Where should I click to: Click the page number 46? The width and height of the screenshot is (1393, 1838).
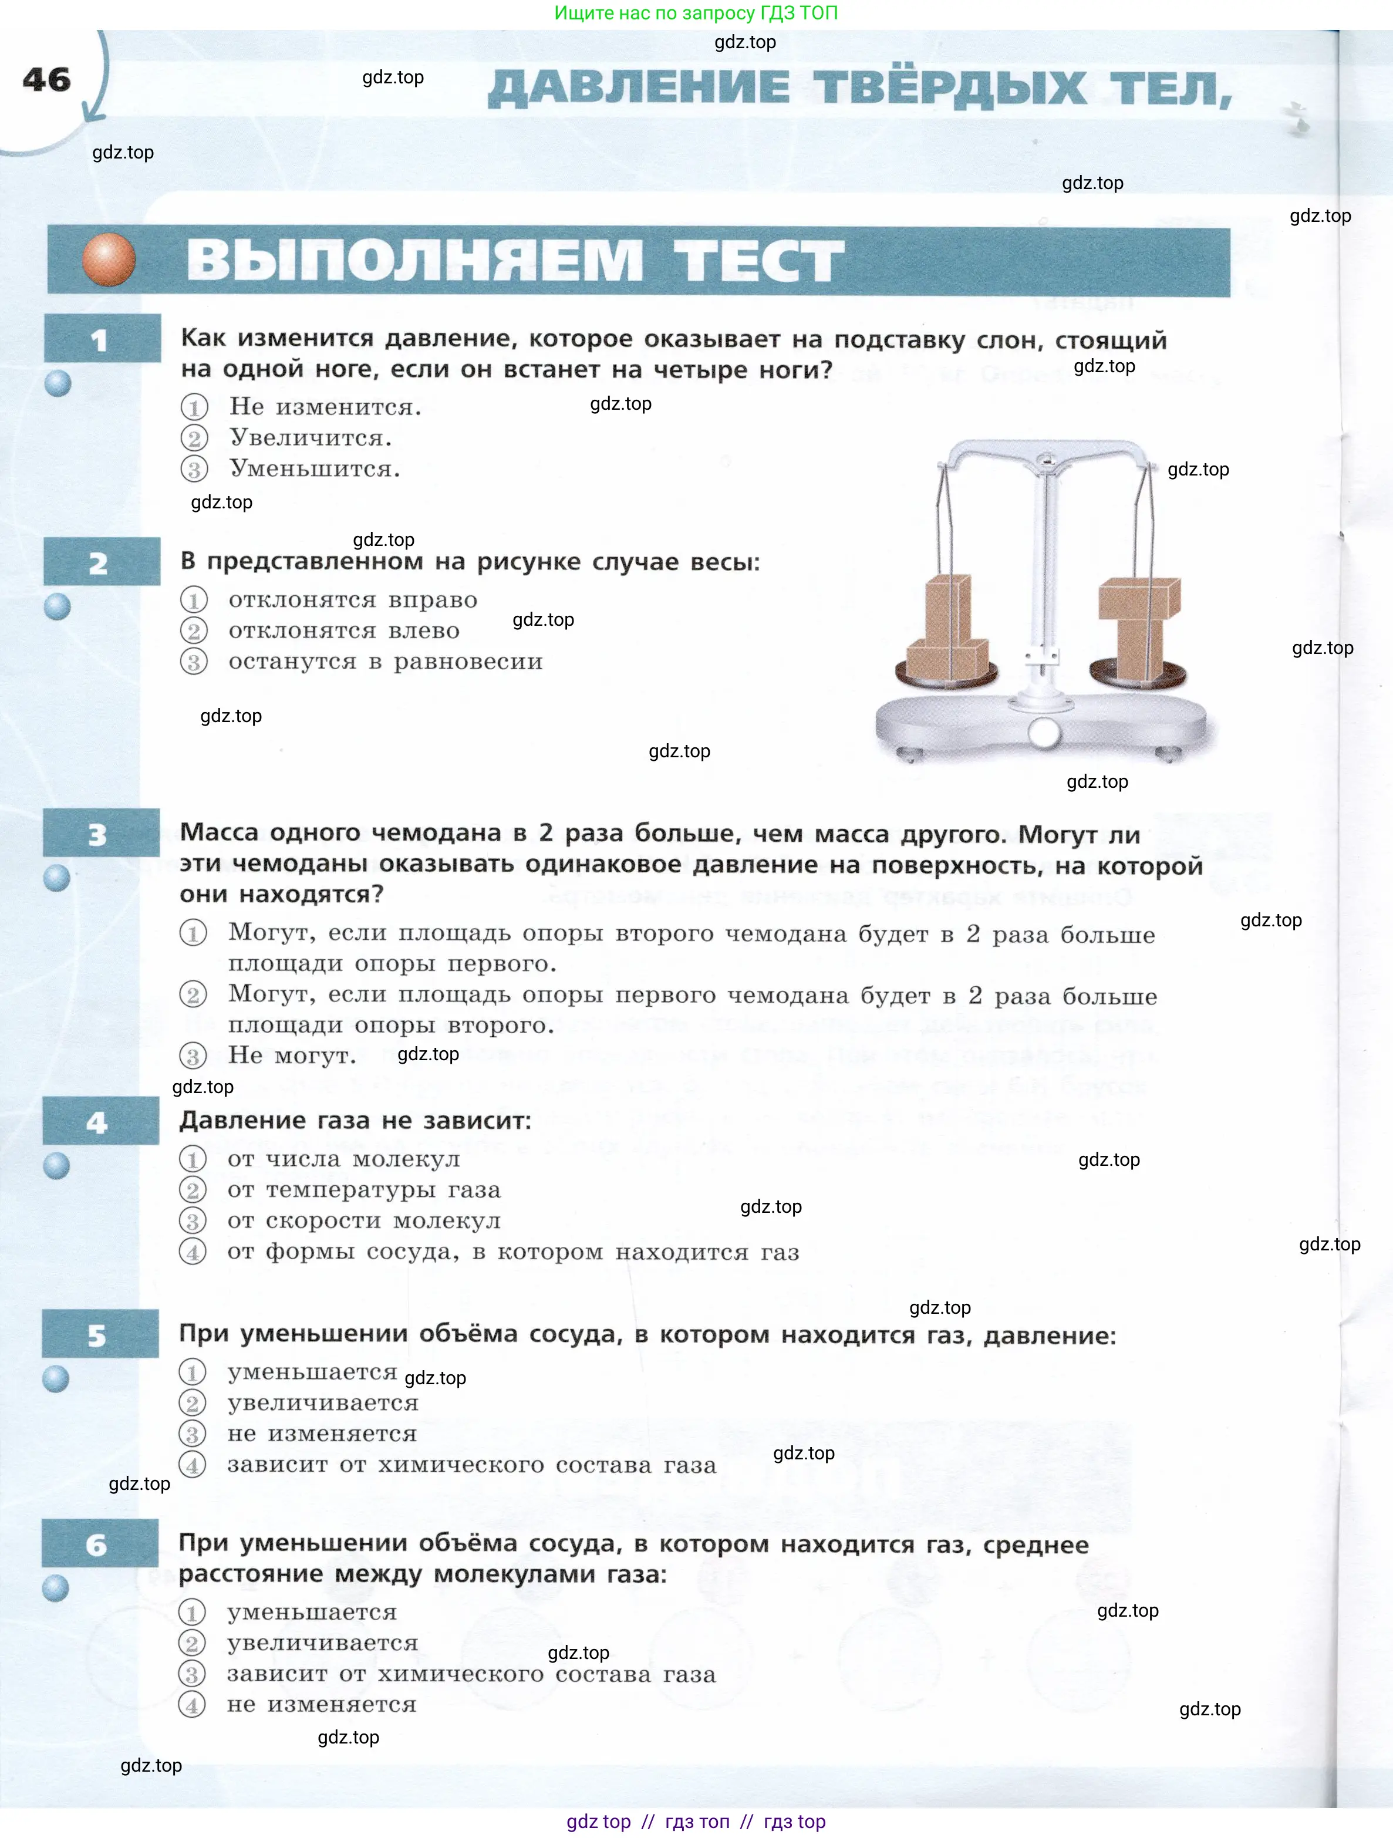[46, 80]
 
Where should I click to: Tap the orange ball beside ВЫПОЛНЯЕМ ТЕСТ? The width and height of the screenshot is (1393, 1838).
[109, 259]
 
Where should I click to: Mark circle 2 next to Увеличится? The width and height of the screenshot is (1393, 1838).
[194, 438]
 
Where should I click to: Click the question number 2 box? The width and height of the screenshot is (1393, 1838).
[102, 562]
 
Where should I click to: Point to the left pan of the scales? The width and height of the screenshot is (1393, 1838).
[946, 673]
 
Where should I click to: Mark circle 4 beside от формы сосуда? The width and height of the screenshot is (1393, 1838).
[193, 1252]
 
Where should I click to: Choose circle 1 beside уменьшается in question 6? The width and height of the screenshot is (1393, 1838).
[192, 1613]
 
